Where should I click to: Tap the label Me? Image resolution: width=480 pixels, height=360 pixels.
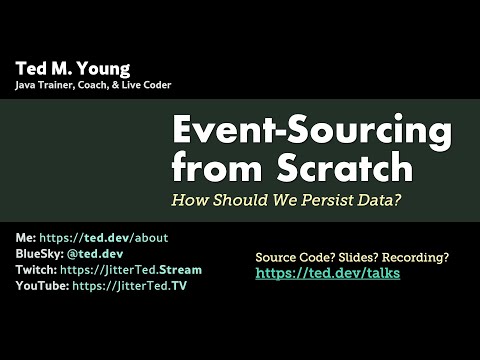pos(25,238)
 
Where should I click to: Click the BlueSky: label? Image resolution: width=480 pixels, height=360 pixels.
pos(40,254)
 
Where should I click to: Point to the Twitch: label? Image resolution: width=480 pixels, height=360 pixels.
pos(37,270)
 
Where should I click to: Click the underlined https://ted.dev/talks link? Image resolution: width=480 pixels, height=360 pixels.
pos(327,273)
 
